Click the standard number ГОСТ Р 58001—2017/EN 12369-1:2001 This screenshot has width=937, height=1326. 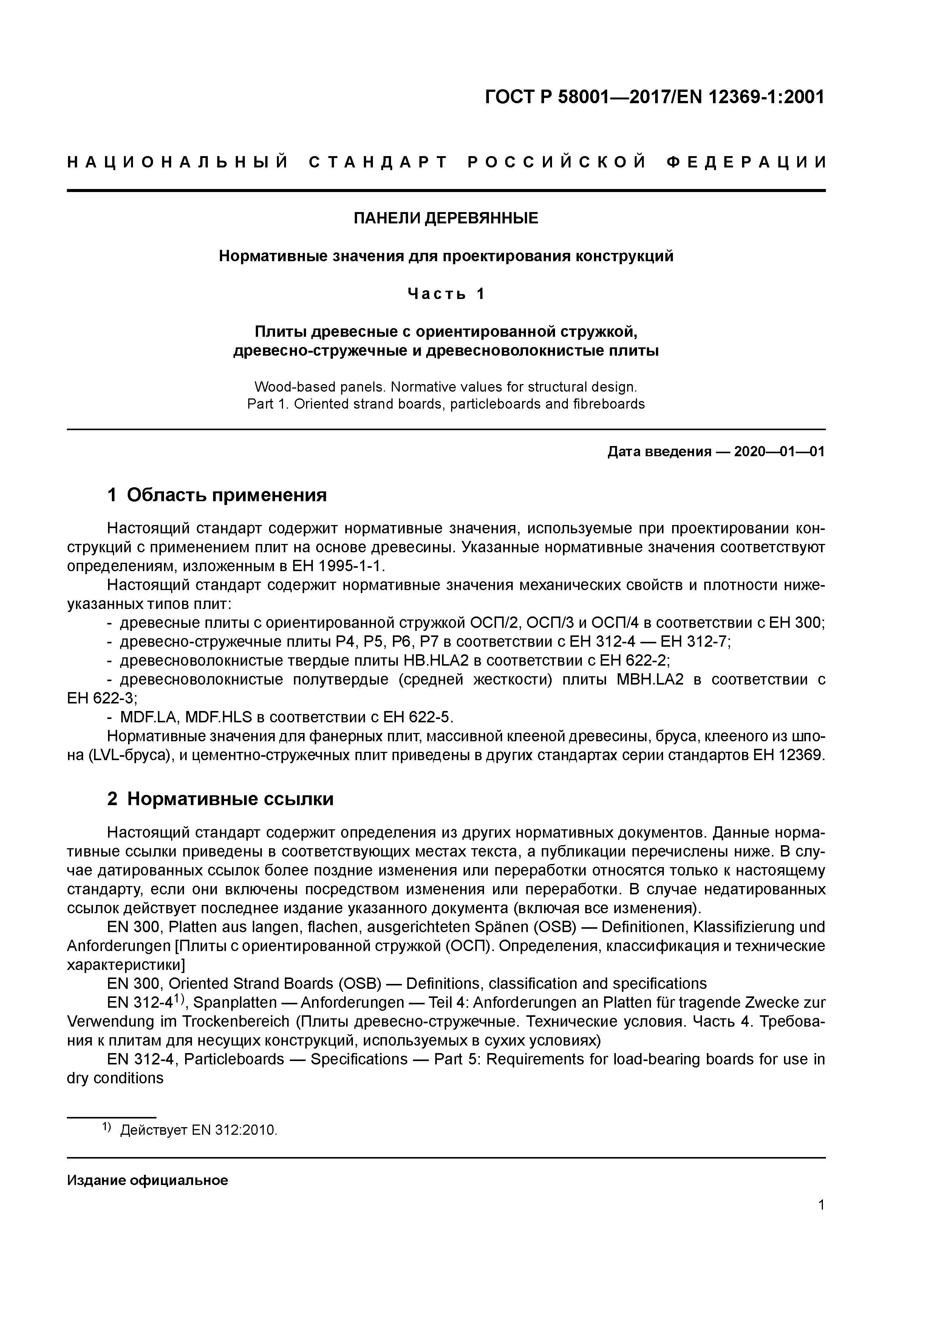pos(654,97)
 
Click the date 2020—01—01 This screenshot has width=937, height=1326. pos(779,452)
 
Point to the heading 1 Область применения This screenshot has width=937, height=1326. pos(217,495)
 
